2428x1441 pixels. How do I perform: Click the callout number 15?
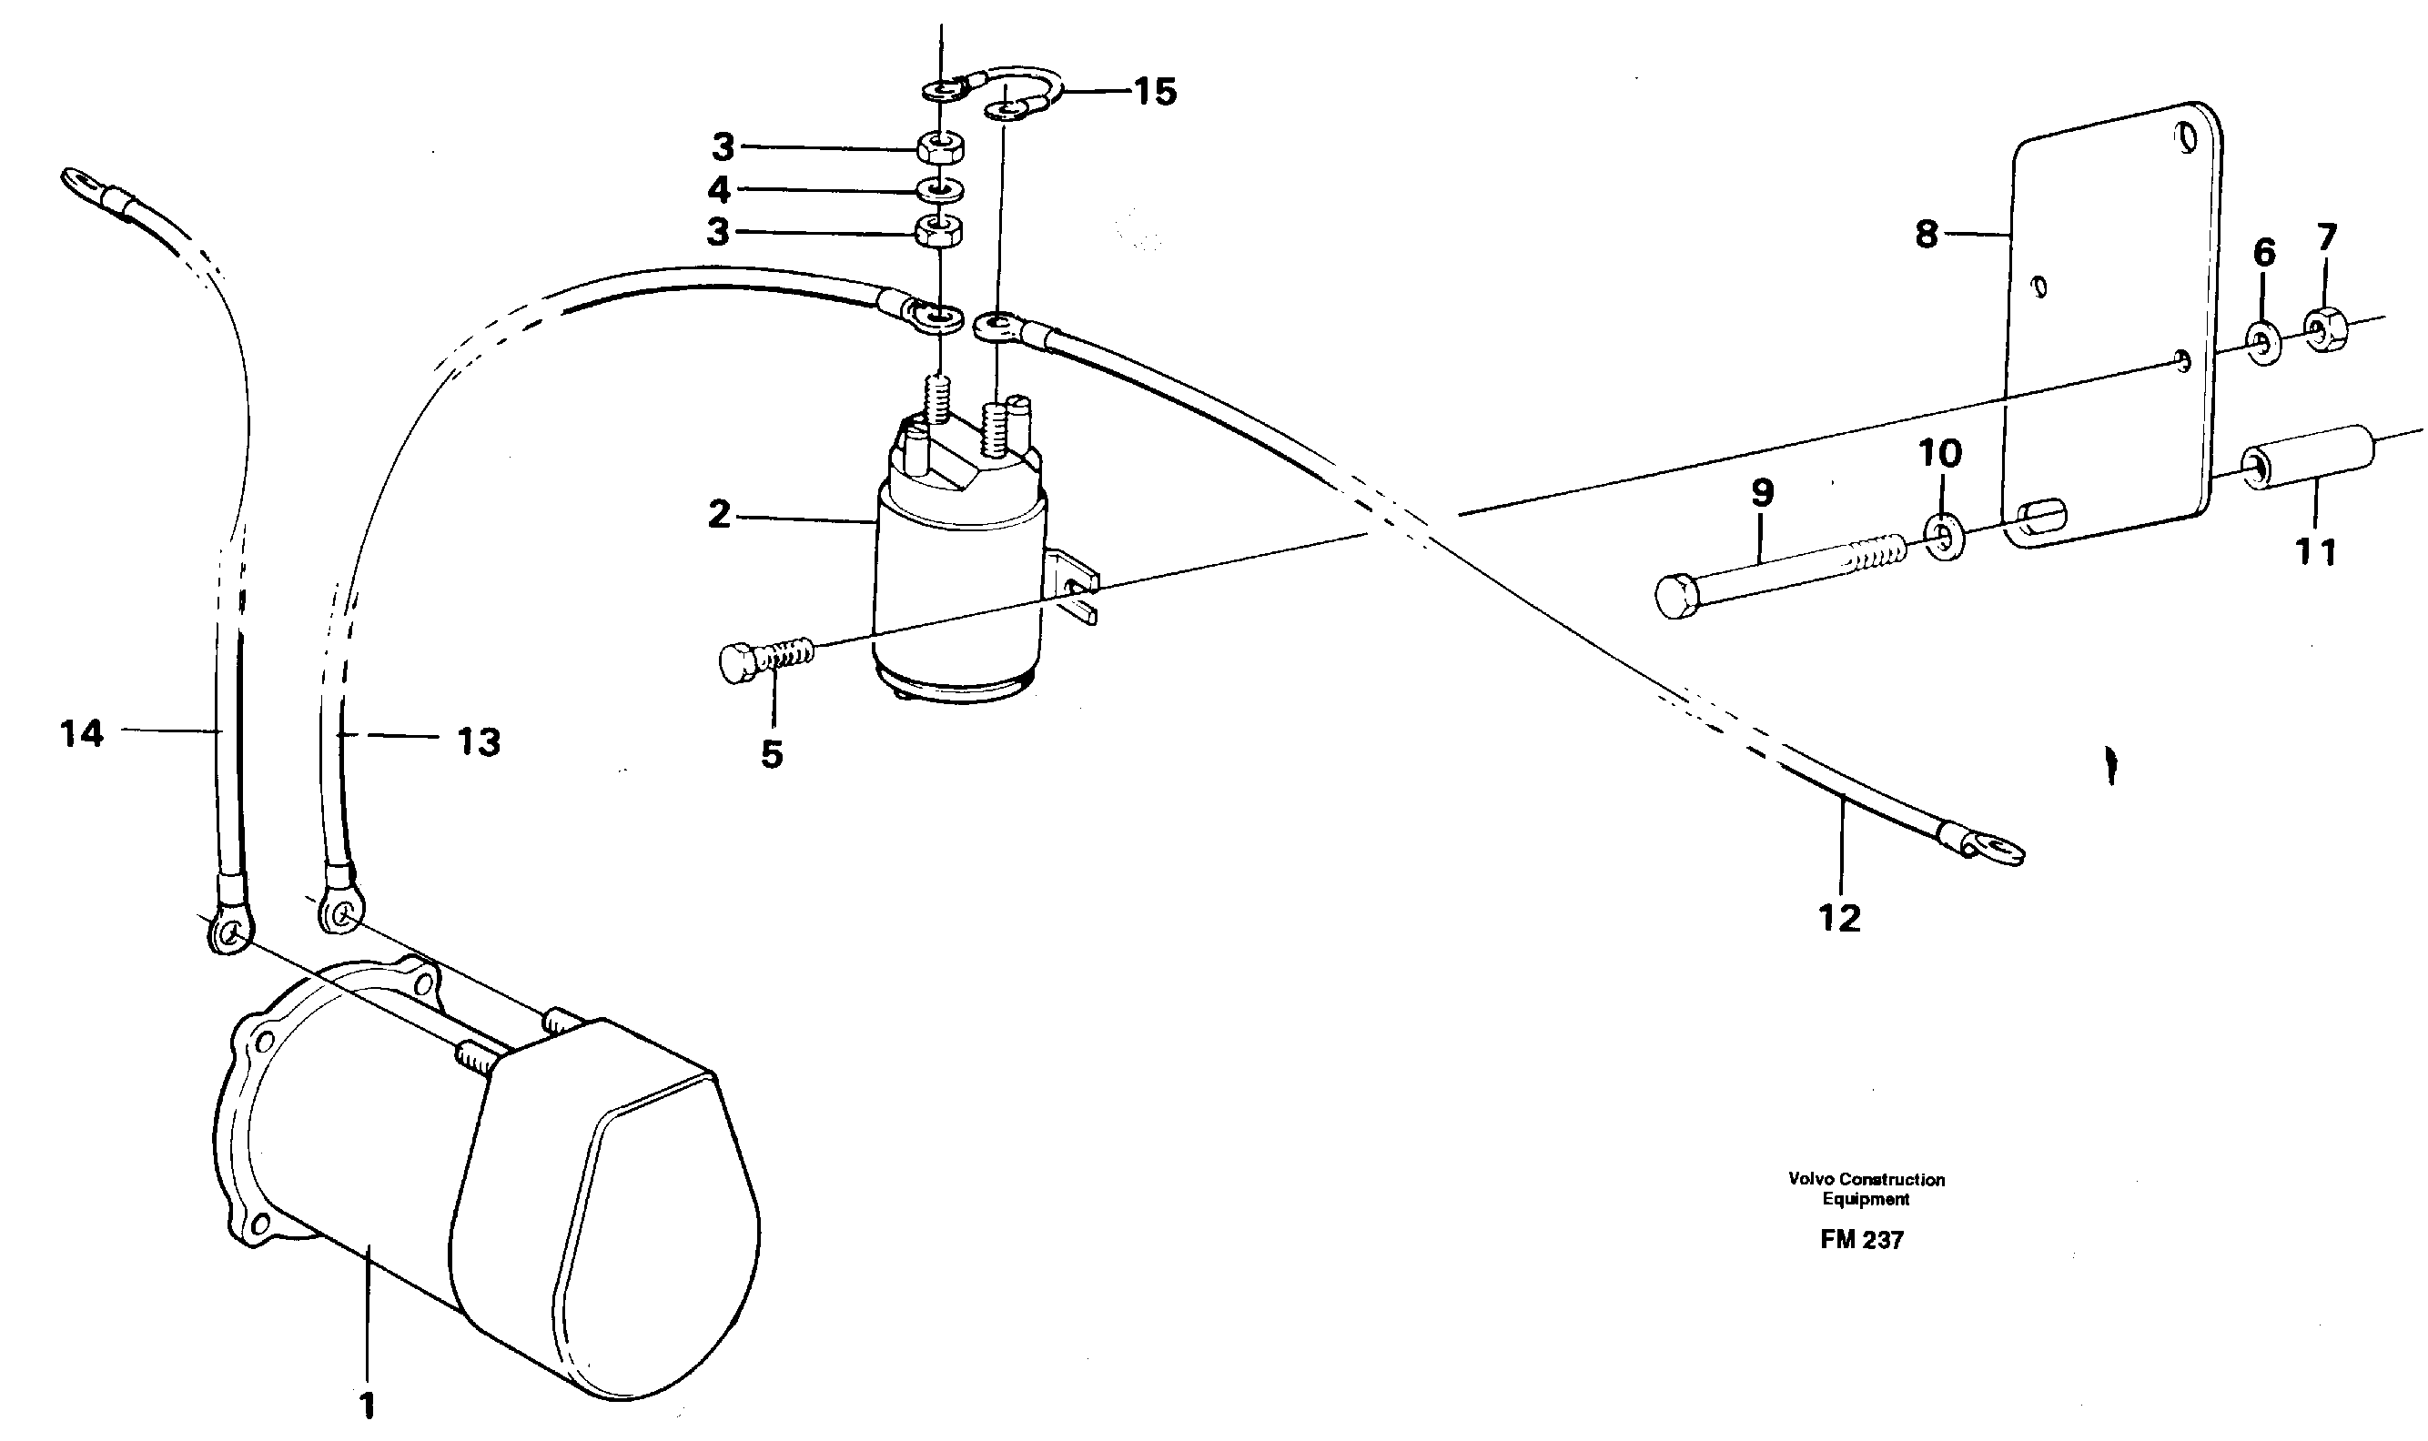coord(1156,92)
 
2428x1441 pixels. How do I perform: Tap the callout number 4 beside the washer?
coord(719,190)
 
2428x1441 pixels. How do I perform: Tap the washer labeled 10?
coord(1941,537)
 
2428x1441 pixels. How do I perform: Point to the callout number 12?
coord(1839,918)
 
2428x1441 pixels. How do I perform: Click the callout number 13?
coord(479,743)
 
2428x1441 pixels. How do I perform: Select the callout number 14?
coord(82,734)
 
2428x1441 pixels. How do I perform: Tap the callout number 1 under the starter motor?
coord(367,1406)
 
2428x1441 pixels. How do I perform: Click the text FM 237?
coord(1861,1240)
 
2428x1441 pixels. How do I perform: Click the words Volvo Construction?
coord(1866,1180)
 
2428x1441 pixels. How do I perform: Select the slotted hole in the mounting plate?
coord(2040,518)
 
